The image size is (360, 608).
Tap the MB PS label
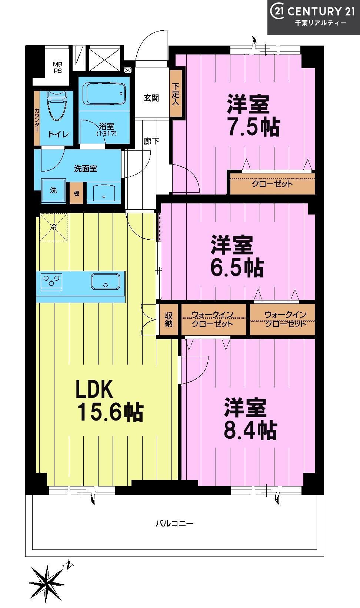(57, 67)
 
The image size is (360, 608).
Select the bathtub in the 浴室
(104, 94)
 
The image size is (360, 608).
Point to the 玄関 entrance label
(151, 98)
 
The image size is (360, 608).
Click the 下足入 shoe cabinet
(176, 93)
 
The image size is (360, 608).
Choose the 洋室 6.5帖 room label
(237, 256)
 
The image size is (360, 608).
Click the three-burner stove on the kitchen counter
(51, 282)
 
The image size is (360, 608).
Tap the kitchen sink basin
(106, 282)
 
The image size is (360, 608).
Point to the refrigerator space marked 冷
(53, 227)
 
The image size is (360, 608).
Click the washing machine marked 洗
(53, 190)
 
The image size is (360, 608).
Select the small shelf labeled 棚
(77, 193)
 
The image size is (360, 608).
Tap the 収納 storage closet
(169, 319)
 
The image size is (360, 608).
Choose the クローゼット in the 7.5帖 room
(273, 184)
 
